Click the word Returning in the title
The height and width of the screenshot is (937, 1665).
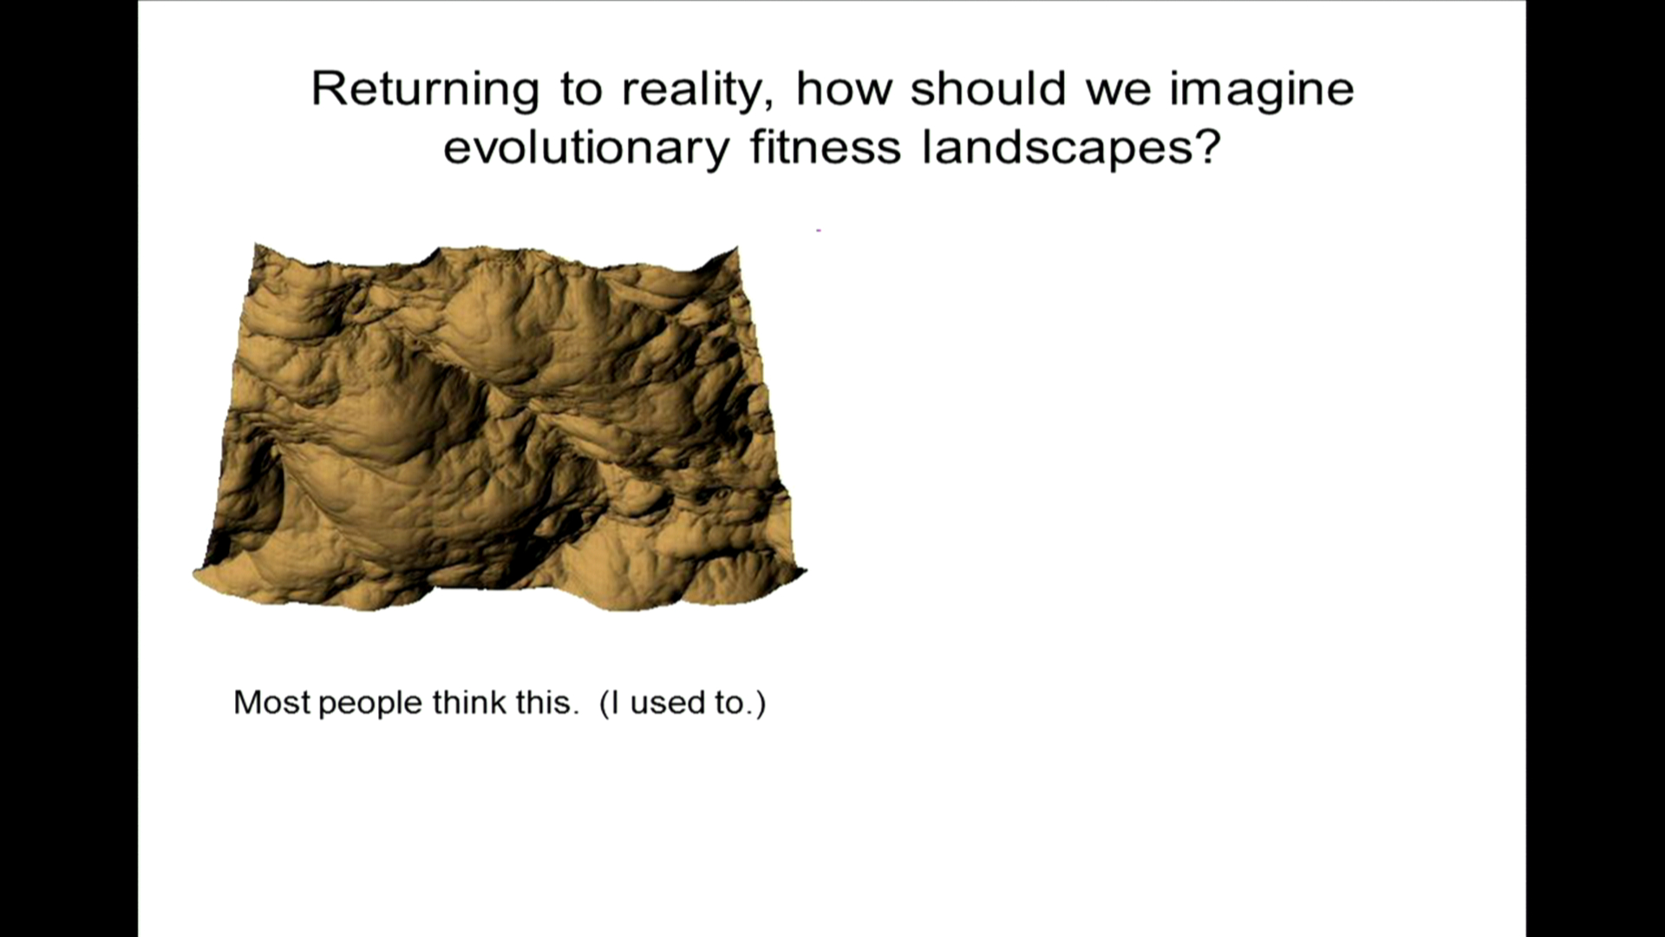point(425,89)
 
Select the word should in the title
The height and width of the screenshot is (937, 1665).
point(988,88)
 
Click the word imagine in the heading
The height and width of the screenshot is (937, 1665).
point(1262,89)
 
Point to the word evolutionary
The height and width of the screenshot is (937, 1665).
point(586,147)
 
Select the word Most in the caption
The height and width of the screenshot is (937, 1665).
point(271,702)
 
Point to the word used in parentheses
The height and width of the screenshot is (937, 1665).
point(667,704)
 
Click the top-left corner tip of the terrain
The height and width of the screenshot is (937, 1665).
point(255,245)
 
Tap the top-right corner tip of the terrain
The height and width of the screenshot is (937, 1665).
point(737,247)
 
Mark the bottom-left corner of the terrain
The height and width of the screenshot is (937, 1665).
point(193,572)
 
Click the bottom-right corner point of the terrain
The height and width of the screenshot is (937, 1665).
point(806,570)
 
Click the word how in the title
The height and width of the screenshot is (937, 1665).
point(844,88)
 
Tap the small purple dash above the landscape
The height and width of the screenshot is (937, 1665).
point(819,231)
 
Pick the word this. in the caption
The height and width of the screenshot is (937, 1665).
point(547,702)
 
